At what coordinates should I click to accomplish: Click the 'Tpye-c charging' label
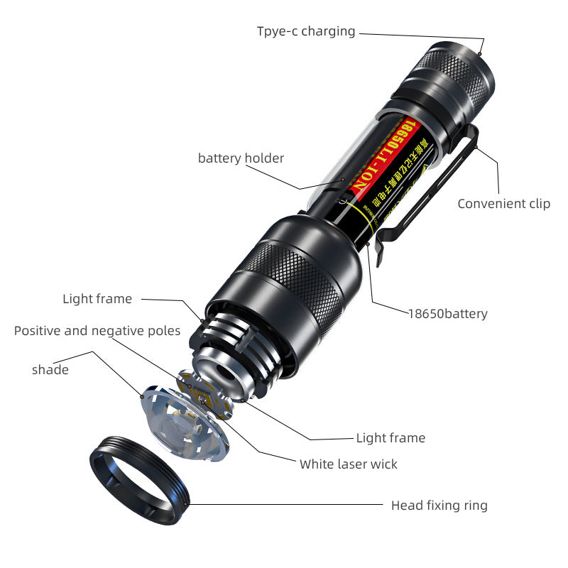pyautogui.click(x=305, y=31)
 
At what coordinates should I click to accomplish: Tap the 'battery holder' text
pyautogui.click(x=241, y=158)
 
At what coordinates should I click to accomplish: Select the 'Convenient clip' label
pyautogui.click(x=503, y=204)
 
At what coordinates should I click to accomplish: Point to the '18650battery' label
pyautogui.click(x=447, y=313)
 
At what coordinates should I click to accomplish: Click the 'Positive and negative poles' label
pyautogui.click(x=97, y=331)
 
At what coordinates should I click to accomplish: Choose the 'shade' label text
pyautogui.click(x=50, y=370)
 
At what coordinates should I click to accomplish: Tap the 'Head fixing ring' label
pyautogui.click(x=439, y=506)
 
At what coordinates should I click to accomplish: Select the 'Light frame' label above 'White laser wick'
pyautogui.click(x=390, y=438)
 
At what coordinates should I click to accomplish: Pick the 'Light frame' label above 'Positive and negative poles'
pyautogui.click(x=97, y=299)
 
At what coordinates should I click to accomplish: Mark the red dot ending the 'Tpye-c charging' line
pyautogui.click(x=481, y=53)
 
